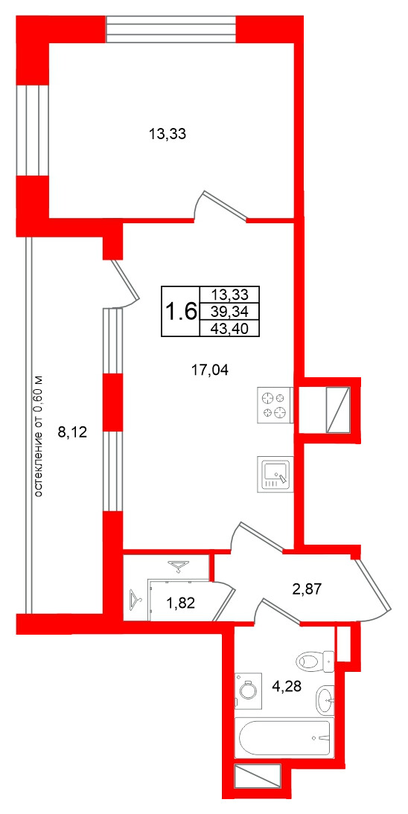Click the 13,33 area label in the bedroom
(x=167, y=135)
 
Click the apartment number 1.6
(x=181, y=311)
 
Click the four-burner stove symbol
(x=274, y=405)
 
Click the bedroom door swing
(x=220, y=207)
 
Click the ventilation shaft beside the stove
(x=339, y=410)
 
